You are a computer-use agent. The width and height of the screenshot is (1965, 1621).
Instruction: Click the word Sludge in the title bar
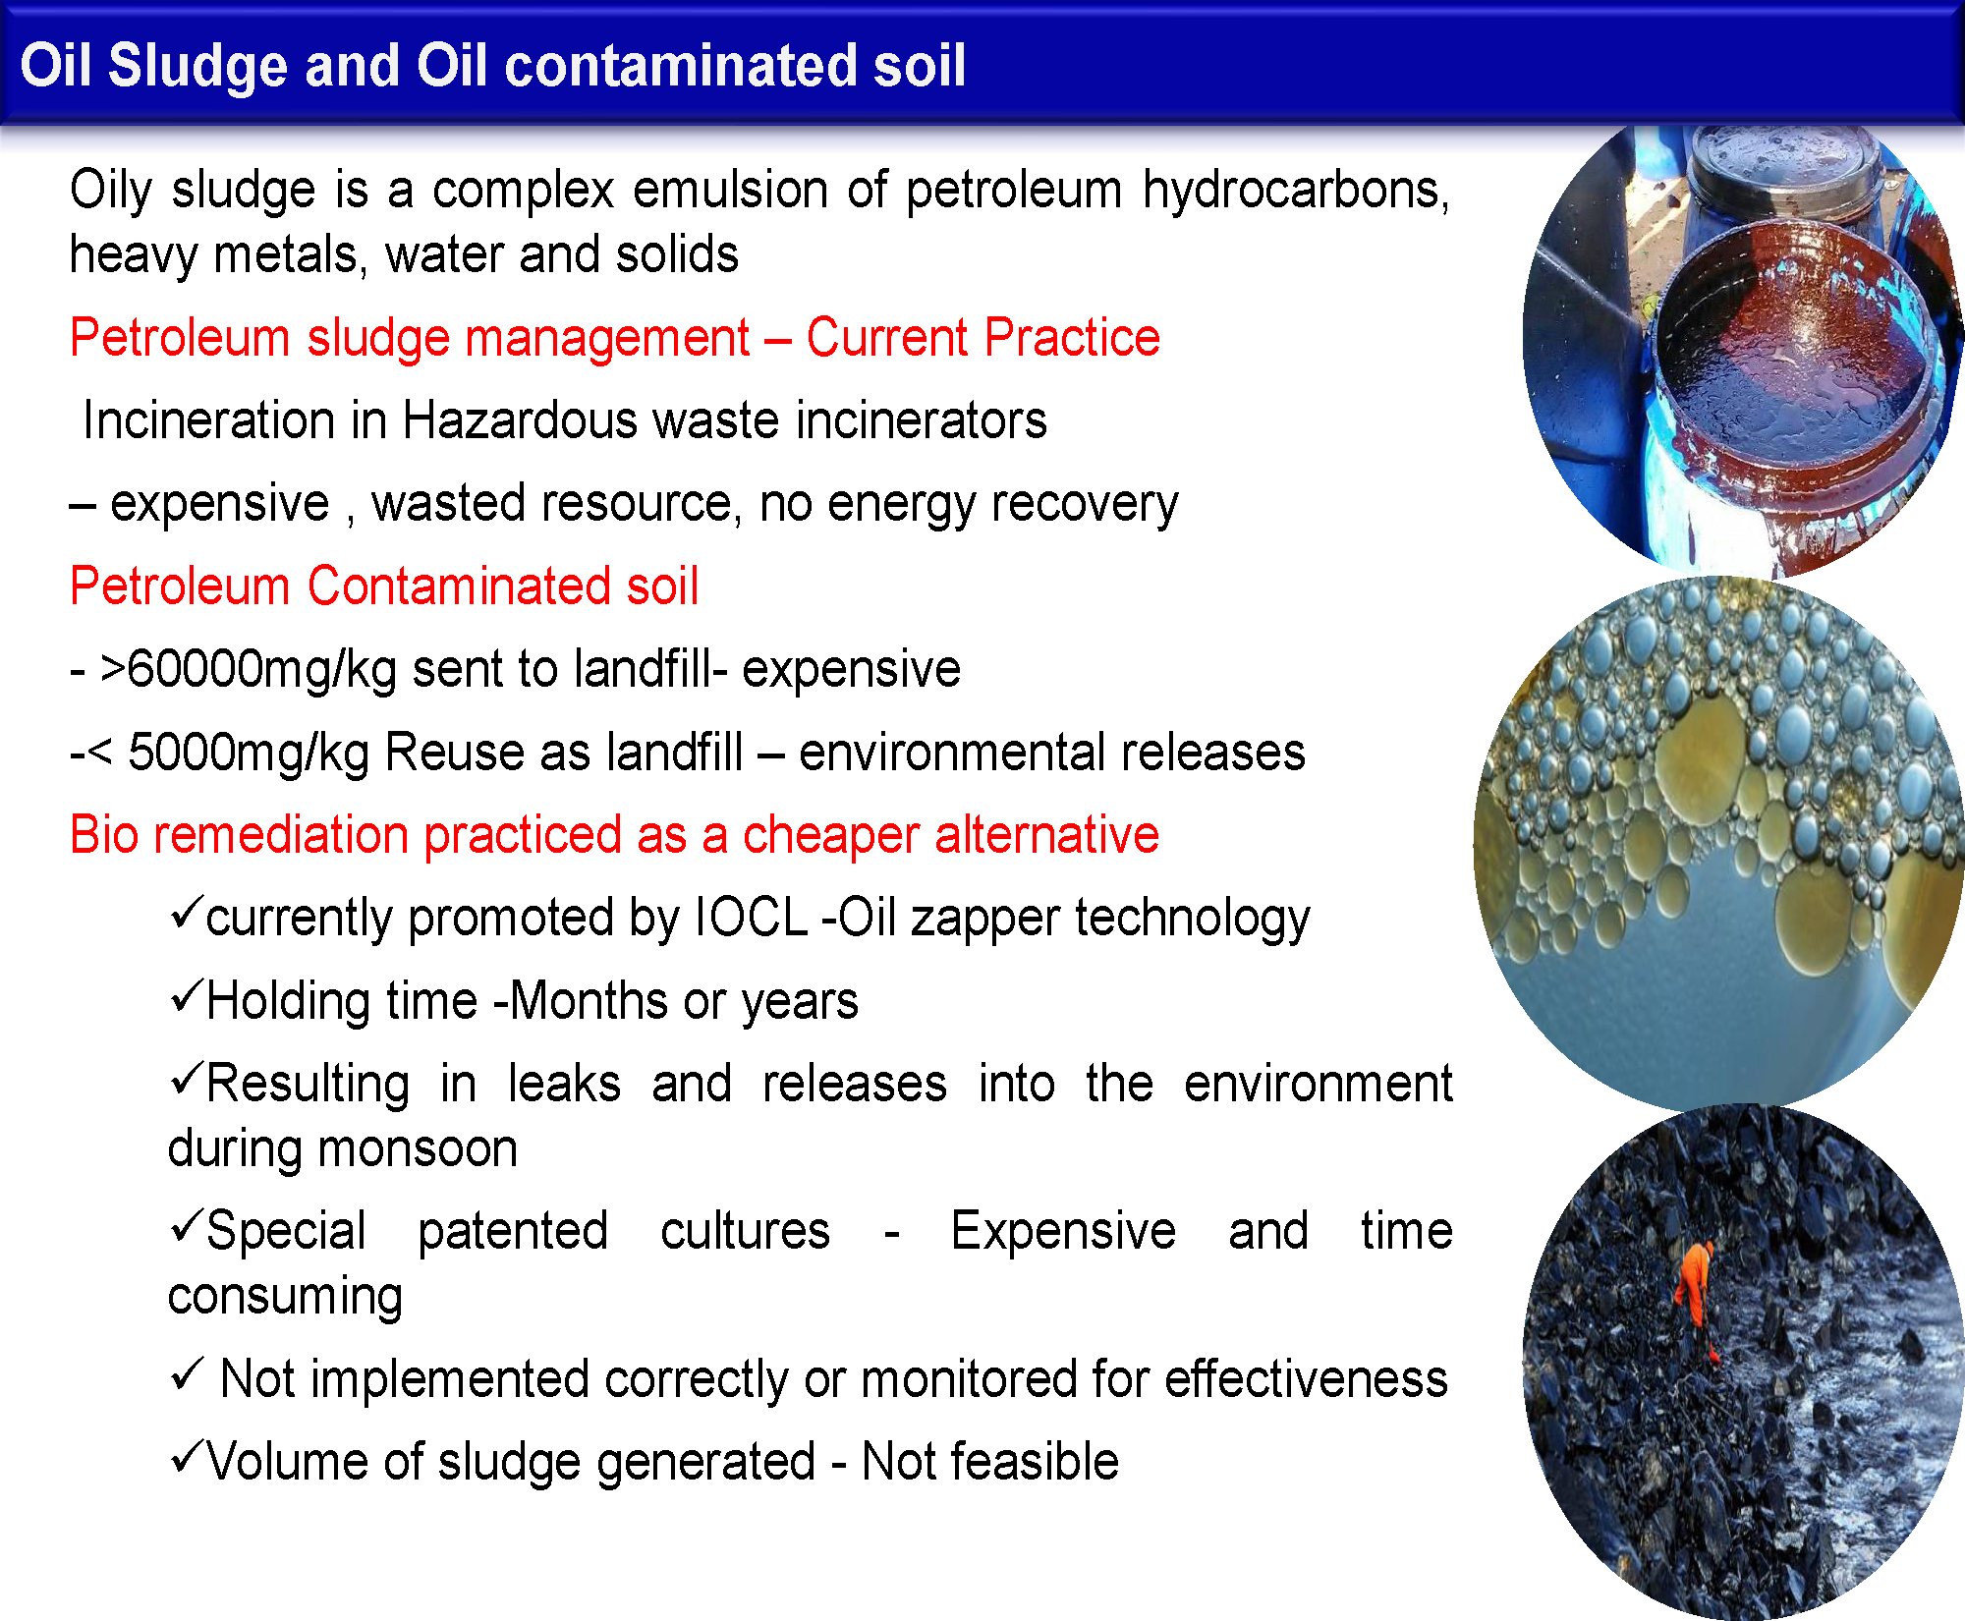(197, 67)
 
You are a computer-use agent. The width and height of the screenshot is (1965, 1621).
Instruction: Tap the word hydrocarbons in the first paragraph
(1296, 190)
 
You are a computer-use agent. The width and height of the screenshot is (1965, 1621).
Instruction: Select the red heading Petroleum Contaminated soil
(384, 587)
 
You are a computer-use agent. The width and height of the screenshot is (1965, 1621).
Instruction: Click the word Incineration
(209, 420)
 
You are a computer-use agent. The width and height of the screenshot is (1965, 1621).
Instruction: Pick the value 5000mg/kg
(249, 754)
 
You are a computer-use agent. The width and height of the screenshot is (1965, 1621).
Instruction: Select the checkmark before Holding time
(186, 995)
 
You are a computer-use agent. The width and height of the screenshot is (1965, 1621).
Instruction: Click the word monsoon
(342, 1149)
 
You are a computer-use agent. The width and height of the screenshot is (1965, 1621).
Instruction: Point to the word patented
(513, 1232)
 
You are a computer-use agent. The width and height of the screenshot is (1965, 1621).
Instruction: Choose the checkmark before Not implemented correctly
(186, 1373)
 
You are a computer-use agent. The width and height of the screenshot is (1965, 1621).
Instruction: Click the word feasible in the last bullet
(1040, 1461)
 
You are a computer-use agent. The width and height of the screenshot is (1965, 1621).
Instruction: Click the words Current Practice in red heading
(983, 338)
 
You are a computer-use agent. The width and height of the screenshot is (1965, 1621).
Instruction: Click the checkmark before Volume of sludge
(186, 1455)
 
